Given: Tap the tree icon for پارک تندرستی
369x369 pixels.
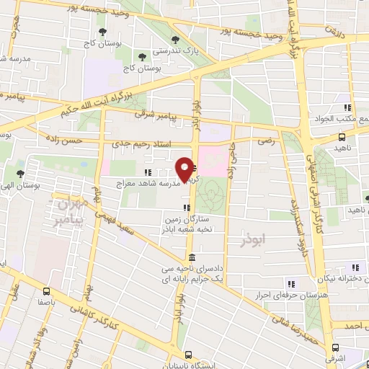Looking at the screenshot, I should coord(174,40).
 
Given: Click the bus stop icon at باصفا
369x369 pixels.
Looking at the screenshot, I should coord(47,292).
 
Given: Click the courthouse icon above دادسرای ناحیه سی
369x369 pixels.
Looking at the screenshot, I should coord(191,257).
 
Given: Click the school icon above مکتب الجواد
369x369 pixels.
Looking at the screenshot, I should coord(347,107).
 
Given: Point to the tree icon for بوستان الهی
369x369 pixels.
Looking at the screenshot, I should coord(20,173).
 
